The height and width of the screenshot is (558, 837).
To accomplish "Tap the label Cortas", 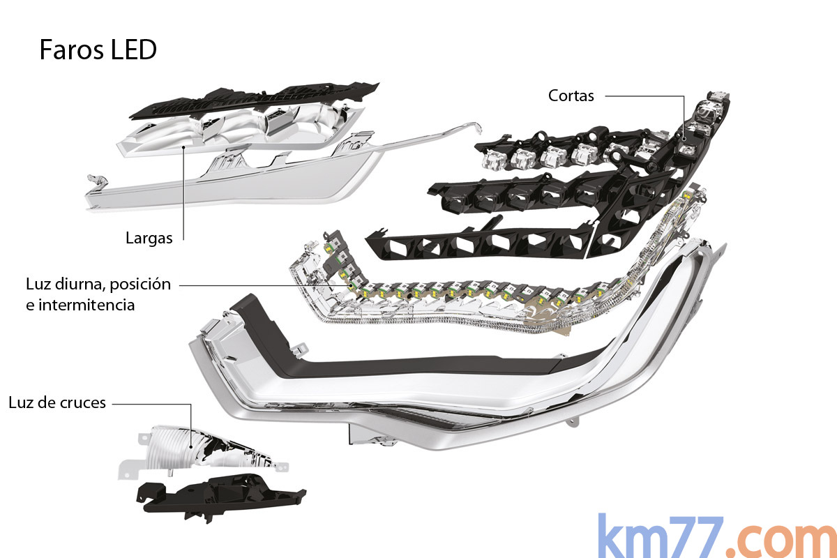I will click(571, 96).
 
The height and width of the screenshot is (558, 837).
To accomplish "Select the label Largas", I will click(149, 238).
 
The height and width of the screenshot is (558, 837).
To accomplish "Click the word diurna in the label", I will click(80, 285).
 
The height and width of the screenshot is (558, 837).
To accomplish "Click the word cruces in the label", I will click(82, 402).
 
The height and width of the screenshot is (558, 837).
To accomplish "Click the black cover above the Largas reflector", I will click(251, 101).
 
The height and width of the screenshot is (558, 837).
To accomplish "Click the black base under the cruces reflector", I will click(216, 495).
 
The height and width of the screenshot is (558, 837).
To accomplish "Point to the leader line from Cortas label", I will click(642, 96).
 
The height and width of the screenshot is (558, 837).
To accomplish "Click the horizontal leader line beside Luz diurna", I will click(258, 285).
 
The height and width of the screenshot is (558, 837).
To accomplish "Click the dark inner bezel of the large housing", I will click(418, 366).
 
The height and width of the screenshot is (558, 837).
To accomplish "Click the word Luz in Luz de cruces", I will click(22, 402).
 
